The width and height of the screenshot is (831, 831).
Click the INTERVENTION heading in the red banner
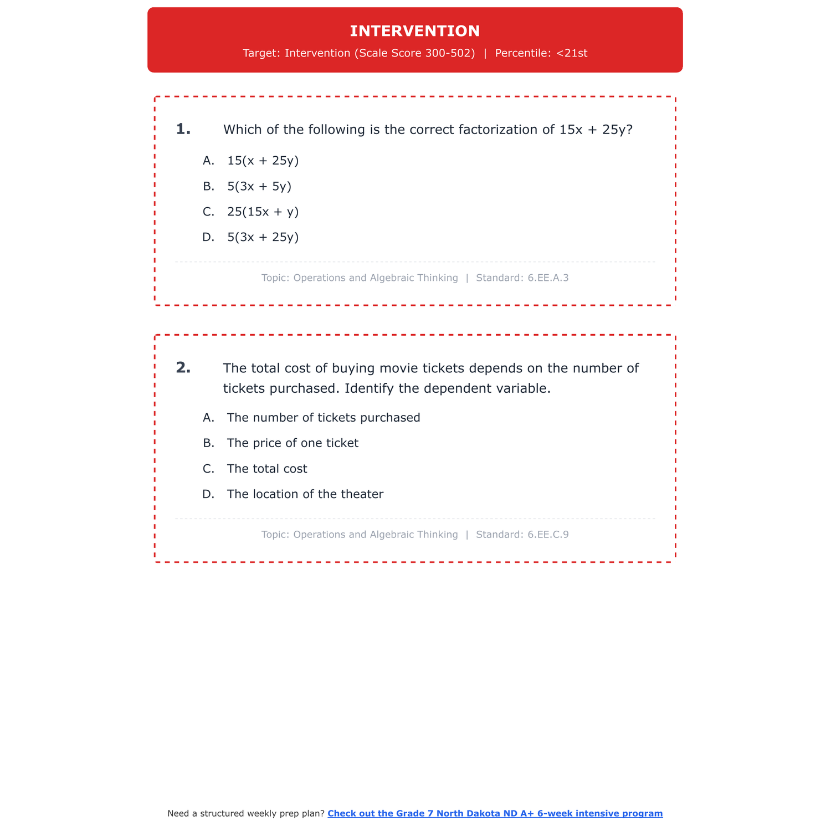tap(415, 31)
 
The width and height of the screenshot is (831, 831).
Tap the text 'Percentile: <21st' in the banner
tap(541, 53)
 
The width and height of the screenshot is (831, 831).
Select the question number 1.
tap(183, 129)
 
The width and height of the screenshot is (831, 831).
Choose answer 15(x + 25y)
tap(263, 161)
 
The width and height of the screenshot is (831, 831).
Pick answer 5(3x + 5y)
tap(259, 186)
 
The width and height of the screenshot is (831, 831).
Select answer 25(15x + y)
tap(263, 212)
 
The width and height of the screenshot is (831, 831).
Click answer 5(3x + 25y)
tap(263, 237)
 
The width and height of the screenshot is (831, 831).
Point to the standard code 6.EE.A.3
tap(548, 278)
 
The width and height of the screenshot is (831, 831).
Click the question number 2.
tap(183, 367)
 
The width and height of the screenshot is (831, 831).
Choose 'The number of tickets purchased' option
tap(323, 418)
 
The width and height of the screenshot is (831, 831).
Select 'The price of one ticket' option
tap(293, 443)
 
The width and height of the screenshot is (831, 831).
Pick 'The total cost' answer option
tap(266, 469)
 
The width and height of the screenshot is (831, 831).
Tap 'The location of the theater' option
tap(305, 494)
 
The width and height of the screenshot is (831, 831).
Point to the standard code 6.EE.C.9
tap(548, 535)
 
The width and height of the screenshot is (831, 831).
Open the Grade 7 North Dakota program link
tap(495, 813)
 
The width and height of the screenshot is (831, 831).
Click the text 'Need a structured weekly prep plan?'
tap(246, 813)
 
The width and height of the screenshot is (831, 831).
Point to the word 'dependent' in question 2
tap(453, 388)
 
